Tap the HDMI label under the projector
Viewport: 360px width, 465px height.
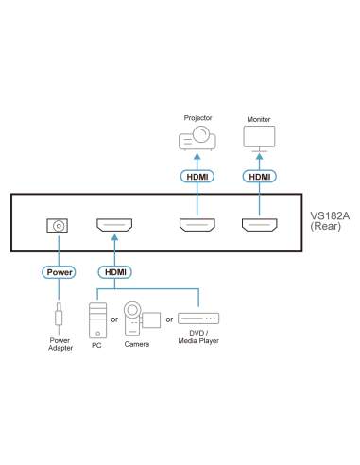197,176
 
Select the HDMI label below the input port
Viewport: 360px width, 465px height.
115,271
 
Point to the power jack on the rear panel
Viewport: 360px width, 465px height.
59,227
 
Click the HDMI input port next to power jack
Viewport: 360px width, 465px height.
115,227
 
